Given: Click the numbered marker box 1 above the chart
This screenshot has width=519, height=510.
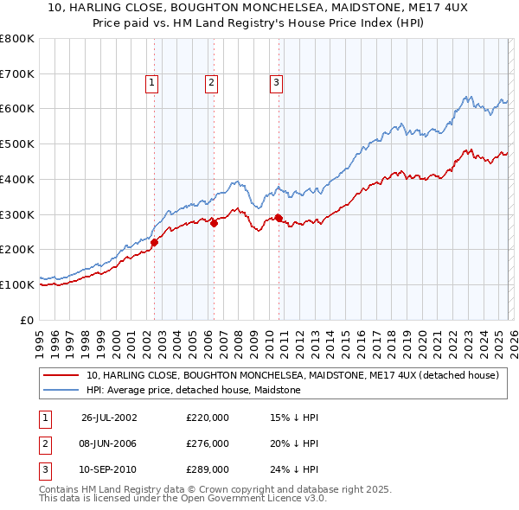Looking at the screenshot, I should click(x=151, y=83).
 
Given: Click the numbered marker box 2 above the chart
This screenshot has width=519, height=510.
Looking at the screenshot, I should click(x=211, y=83).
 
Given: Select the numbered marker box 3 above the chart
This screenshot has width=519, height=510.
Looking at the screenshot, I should click(x=276, y=83).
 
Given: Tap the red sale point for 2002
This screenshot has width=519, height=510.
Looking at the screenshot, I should click(x=155, y=243).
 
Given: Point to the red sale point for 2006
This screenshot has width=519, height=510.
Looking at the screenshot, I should click(x=214, y=223).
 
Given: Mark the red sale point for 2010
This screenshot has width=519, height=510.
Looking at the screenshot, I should click(x=279, y=218).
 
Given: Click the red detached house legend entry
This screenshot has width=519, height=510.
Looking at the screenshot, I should click(x=292, y=376).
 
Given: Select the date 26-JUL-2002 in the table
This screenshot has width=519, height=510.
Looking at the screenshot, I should click(x=109, y=417).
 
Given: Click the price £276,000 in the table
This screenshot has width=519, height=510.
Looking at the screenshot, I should click(x=208, y=443).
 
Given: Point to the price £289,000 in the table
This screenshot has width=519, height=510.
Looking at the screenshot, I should click(x=208, y=470).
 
